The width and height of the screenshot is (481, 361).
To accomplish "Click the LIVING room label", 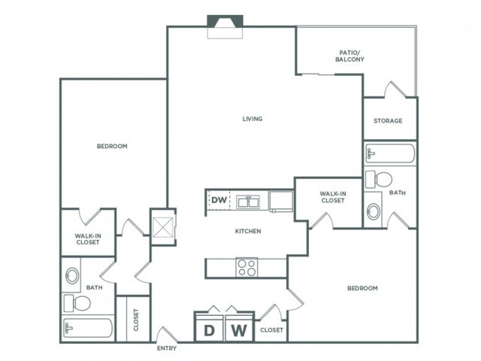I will (x=253, y=119).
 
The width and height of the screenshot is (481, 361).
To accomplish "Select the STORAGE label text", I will (x=388, y=120).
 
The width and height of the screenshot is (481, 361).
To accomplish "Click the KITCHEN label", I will (x=248, y=231).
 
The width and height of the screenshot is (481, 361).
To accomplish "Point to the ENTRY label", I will (x=167, y=348).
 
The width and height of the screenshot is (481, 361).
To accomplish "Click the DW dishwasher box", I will (x=218, y=200).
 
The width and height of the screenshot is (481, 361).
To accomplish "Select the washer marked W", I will (x=238, y=329).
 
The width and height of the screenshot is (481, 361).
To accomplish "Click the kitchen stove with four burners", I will (x=247, y=266).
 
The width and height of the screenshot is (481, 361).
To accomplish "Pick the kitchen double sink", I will (x=247, y=202).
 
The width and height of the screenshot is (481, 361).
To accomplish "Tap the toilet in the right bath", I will (x=380, y=179).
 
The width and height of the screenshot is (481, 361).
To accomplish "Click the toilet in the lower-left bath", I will (x=78, y=302).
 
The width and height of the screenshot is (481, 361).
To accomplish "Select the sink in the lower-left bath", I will (x=72, y=275).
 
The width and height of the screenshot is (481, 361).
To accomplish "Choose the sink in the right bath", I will (x=374, y=211).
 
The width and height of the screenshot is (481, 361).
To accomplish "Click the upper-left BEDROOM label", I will (x=112, y=146).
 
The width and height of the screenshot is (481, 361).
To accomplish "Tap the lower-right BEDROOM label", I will (x=362, y=288).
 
